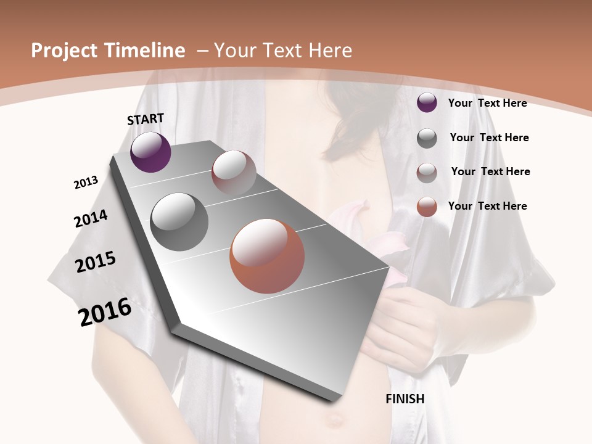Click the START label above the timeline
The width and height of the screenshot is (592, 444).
point(146,119)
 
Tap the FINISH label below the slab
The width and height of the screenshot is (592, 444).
point(405,399)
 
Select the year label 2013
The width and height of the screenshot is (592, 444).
point(86,182)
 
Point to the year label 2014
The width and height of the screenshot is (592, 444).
point(91,218)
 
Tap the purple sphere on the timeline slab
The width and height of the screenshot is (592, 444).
point(150,152)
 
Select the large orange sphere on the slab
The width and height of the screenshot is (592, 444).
point(267,256)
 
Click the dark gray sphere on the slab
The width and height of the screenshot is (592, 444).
point(179,221)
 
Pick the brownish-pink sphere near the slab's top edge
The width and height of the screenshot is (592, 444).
point(234,172)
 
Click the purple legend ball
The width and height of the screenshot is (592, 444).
point(427,103)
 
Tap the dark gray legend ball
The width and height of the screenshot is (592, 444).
point(427,138)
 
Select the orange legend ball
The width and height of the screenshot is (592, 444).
point(427,207)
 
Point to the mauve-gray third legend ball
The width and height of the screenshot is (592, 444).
point(427,172)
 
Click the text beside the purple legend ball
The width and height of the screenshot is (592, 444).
point(487,103)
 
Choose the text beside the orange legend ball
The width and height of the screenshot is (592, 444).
point(487,206)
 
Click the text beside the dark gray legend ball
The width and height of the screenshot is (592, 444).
point(489,138)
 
